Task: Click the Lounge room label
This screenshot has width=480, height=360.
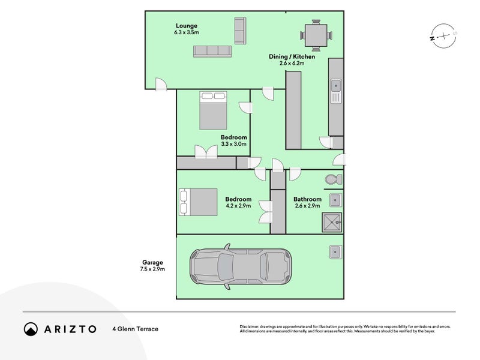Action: click(x=187, y=25)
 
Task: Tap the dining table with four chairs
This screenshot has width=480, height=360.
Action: click(x=316, y=35)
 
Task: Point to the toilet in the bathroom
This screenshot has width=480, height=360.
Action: click(x=333, y=179)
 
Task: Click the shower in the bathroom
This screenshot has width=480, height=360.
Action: click(x=332, y=222)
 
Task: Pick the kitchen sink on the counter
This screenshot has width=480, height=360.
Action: click(x=336, y=90)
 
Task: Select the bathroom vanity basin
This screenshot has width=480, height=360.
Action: click(x=335, y=200)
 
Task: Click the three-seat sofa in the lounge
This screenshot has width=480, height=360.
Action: click(x=212, y=52)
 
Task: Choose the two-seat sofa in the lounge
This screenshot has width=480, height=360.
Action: click(x=240, y=30)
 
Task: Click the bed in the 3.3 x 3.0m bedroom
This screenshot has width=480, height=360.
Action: click(x=212, y=110)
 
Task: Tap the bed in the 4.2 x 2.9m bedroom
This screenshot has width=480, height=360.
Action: click(x=197, y=202)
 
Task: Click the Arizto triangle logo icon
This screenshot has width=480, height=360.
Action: click(x=31, y=329)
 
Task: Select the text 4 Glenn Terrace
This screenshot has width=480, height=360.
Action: click(x=135, y=329)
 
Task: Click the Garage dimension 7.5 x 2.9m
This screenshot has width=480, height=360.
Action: click(x=153, y=269)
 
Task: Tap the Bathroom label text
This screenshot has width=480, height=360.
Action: click(x=307, y=199)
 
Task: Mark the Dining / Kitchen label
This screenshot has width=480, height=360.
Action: click(x=292, y=57)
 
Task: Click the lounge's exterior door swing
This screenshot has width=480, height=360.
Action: click(x=160, y=85)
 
